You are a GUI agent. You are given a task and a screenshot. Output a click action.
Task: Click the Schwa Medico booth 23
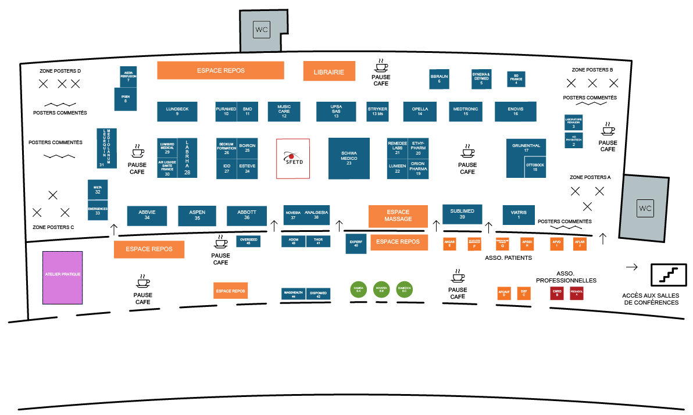349,159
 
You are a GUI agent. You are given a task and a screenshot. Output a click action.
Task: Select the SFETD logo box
293,158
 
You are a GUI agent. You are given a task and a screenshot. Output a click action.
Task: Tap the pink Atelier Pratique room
63,278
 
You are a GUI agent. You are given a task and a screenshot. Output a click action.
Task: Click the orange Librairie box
329,71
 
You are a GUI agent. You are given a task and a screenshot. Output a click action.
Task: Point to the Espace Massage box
398,216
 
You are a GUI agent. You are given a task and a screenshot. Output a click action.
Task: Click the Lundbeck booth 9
177,111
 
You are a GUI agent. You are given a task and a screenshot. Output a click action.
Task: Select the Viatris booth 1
519,215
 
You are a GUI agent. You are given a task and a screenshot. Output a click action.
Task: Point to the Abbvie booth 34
147,215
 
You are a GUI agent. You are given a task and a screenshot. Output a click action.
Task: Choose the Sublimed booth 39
462,214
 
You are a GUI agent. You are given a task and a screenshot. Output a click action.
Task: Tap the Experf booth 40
356,244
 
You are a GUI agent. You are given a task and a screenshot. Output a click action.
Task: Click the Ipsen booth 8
125,99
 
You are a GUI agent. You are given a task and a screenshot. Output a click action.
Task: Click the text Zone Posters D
60,71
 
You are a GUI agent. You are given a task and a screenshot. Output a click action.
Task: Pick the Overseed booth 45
248,241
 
